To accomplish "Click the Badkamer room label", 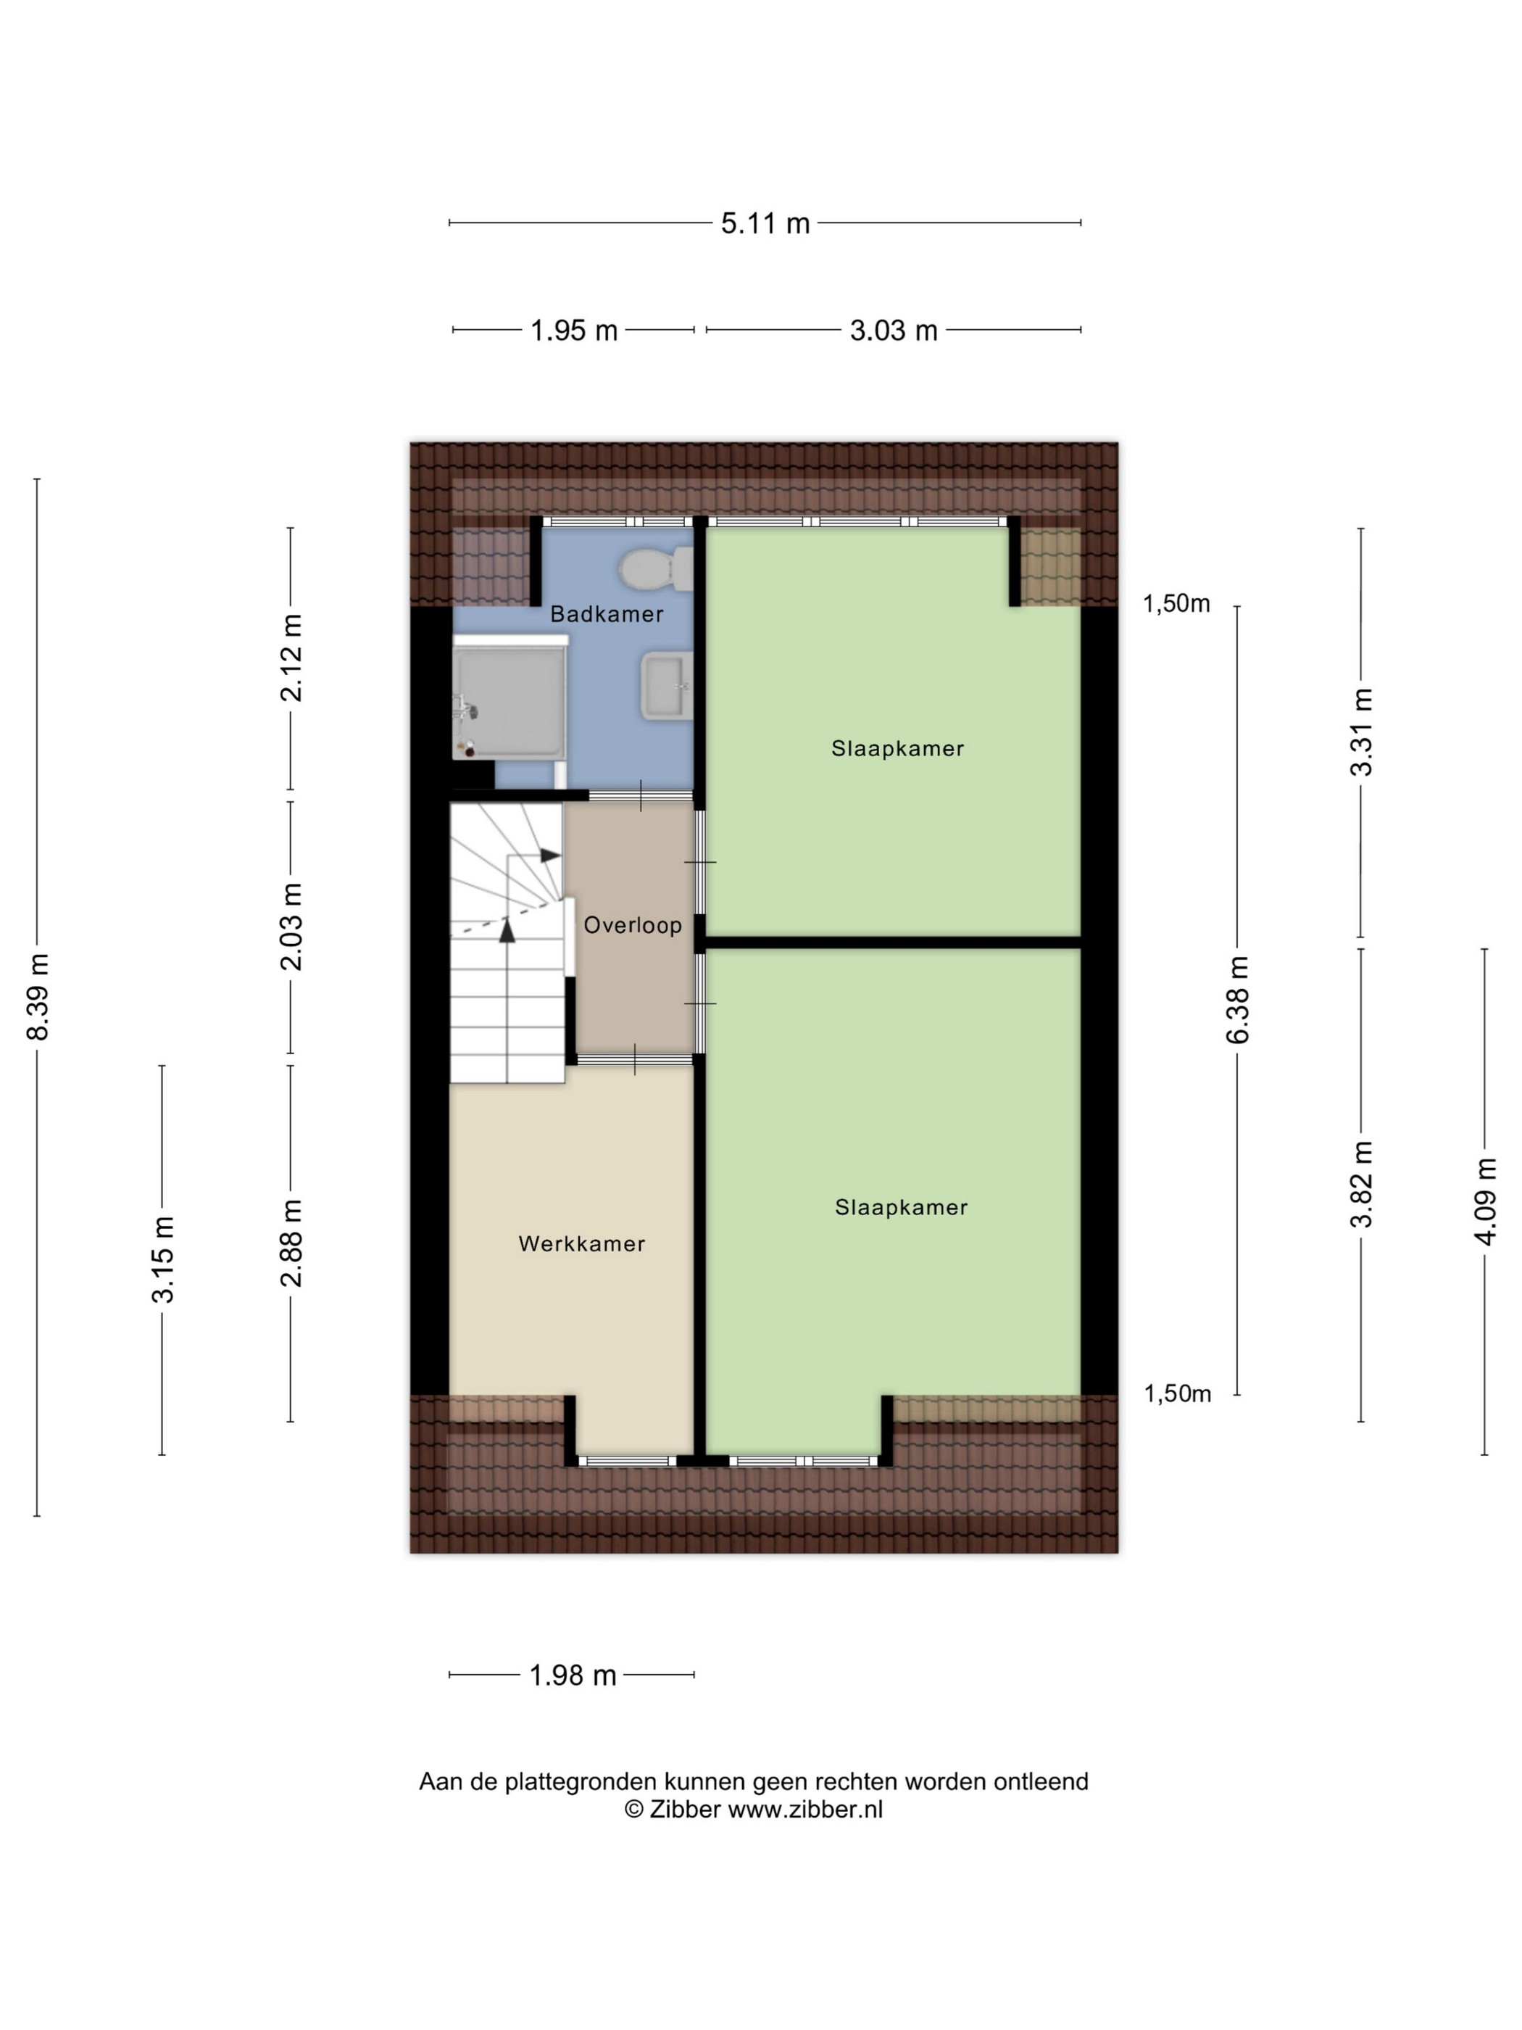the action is (x=607, y=614).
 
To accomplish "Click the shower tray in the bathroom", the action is (x=510, y=702).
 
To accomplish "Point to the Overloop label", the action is (x=633, y=925).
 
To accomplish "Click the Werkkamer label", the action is (x=582, y=1243).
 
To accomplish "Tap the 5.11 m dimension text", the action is (x=765, y=223).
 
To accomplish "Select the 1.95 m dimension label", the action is (x=574, y=331).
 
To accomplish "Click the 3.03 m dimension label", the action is (x=894, y=331).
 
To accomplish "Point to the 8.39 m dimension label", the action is (x=38, y=998).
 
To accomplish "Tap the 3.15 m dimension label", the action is (x=163, y=1259).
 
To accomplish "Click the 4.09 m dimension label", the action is (x=1485, y=1201).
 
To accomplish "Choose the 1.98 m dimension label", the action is (x=573, y=1675).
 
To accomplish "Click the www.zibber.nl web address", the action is (x=805, y=1809).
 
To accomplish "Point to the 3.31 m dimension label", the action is (x=1361, y=732).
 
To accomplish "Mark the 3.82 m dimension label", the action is (x=1361, y=1184).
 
